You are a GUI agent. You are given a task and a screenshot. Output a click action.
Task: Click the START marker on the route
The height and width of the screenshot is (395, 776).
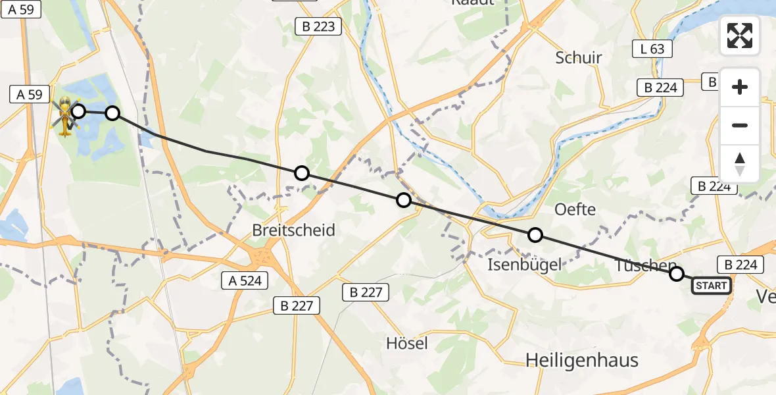(x=711, y=286)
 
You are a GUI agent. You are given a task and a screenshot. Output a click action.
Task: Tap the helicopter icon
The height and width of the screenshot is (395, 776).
(x=66, y=117)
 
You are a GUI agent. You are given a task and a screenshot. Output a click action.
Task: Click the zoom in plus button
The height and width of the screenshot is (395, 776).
(x=740, y=88)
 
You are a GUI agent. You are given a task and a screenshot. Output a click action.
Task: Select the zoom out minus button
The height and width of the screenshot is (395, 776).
(x=740, y=125)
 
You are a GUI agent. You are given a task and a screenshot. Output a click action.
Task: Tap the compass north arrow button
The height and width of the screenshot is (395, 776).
(x=740, y=164)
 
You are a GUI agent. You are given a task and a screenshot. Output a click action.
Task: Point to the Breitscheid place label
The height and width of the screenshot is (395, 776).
(x=294, y=230)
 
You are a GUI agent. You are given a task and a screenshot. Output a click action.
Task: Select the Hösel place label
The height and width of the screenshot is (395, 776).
(x=406, y=343)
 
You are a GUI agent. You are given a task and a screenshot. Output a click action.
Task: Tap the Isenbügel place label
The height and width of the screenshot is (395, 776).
(x=525, y=265)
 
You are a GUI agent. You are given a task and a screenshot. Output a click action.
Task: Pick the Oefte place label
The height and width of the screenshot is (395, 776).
(x=575, y=210)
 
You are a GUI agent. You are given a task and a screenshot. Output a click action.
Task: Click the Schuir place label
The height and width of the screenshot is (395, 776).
(x=579, y=58)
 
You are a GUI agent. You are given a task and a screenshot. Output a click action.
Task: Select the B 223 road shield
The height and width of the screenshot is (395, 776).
(x=318, y=27)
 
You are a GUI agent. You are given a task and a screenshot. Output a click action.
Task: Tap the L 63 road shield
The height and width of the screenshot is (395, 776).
(x=652, y=48)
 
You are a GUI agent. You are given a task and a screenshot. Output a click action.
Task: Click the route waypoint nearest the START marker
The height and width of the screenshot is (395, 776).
(x=676, y=274)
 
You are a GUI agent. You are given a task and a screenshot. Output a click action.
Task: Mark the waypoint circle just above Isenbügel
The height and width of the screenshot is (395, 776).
(x=535, y=235)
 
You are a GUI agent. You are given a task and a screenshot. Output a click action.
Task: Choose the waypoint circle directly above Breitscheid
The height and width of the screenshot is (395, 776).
(x=301, y=173)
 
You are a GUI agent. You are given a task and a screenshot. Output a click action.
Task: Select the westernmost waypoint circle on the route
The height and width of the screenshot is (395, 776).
(x=78, y=111)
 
